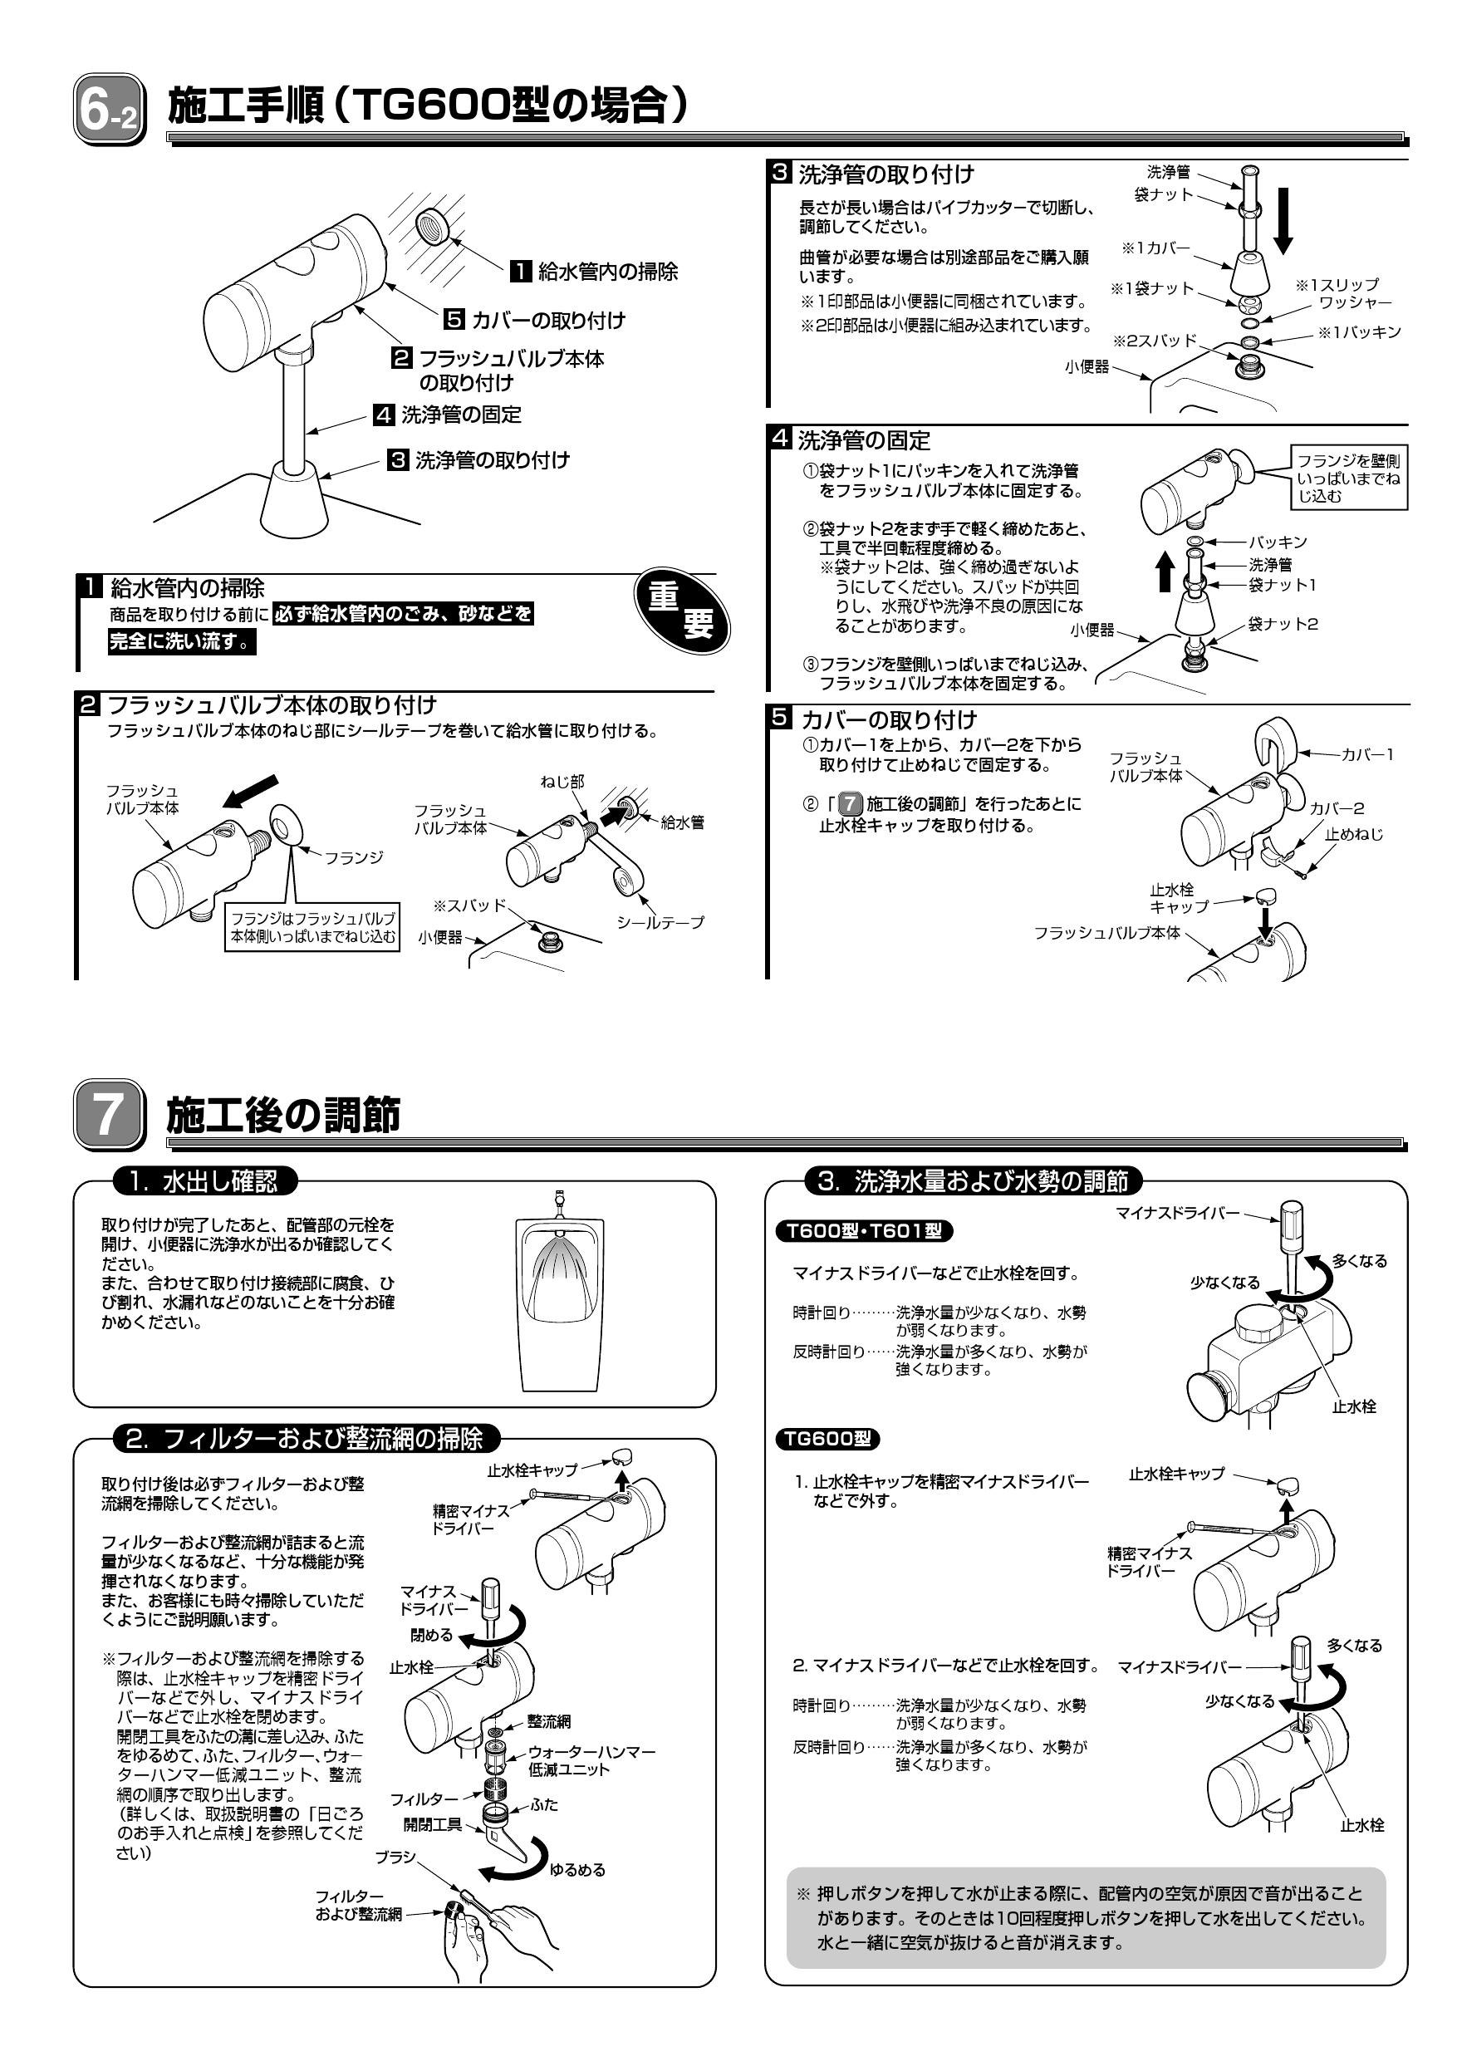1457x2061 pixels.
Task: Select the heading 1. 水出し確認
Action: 204,1181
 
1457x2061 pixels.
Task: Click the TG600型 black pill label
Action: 827,1439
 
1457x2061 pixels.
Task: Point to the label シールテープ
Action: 660,922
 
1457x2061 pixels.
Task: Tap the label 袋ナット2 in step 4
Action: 1282,624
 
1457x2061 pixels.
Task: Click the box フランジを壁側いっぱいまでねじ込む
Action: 1348,478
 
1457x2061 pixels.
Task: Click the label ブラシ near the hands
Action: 395,1857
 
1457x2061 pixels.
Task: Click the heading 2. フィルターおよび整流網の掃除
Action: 304,1439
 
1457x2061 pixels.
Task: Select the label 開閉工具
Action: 432,1823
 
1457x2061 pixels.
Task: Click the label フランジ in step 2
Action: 353,858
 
